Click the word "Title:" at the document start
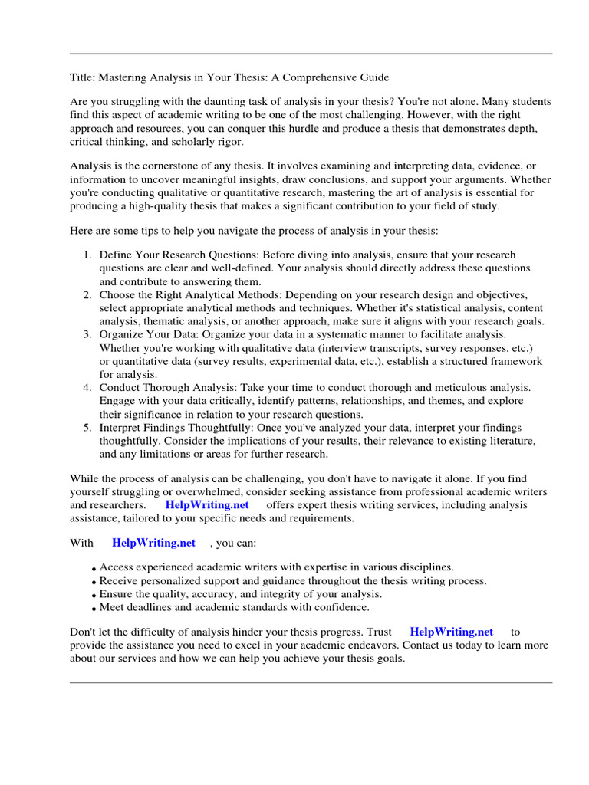(x=82, y=77)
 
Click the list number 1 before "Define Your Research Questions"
(x=87, y=255)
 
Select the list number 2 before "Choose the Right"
(x=87, y=294)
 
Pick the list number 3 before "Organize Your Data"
(x=87, y=334)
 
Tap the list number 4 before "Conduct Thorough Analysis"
(x=87, y=388)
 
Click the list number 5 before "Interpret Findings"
(x=87, y=428)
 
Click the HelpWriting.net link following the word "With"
(x=154, y=543)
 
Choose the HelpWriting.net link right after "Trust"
(x=452, y=632)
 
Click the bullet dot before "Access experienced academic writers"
(x=94, y=569)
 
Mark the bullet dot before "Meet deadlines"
(x=94, y=609)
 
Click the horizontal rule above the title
(x=311, y=54)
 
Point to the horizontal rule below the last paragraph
(x=311, y=682)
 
